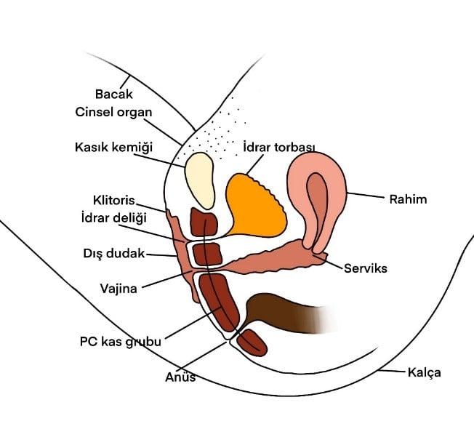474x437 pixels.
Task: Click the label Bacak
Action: (x=112, y=95)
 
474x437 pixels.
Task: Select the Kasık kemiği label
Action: (x=115, y=147)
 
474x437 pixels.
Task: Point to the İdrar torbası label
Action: (x=279, y=147)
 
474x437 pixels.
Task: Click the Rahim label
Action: (x=408, y=199)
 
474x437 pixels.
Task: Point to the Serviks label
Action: (x=366, y=268)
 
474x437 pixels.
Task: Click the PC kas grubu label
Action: (x=120, y=340)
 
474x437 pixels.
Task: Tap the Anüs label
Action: (x=180, y=377)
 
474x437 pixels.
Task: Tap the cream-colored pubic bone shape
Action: (x=198, y=178)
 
